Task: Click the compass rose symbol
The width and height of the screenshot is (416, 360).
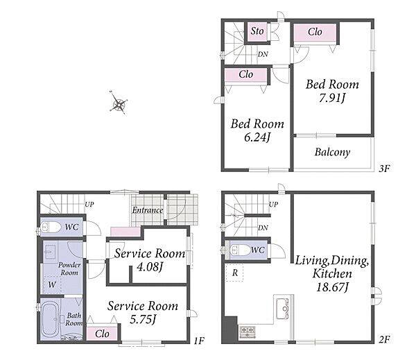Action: click(119, 103)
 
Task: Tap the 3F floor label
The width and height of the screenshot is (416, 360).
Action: click(384, 169)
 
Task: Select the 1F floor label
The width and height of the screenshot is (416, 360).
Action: click(199, 340)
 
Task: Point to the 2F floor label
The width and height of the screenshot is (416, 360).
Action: click(384, 339)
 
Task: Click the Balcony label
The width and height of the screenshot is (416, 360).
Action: click(332, 152)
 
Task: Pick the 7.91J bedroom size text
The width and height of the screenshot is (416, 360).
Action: click(331, 98)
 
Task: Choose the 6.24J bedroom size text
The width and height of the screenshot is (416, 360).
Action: click(257, 137)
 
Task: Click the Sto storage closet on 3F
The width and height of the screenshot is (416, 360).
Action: click(257, 32)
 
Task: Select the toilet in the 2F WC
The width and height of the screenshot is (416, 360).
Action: click(239, 250)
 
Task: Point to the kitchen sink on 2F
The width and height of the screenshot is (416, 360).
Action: click(282, 309)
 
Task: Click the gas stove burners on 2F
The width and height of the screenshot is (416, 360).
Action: click(248, 332)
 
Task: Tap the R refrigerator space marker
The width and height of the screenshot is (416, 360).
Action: click(234, 273)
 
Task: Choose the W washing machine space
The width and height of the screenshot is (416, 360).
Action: click(52, 284)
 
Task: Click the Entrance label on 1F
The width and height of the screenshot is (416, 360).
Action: click(148, 210)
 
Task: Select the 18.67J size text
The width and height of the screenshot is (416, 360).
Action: click(332, 287)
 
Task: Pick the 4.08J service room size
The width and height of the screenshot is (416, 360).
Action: click(149, 266)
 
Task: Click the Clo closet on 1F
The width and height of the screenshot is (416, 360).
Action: click(102, 334)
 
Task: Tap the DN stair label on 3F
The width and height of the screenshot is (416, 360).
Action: click(263, 54)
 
